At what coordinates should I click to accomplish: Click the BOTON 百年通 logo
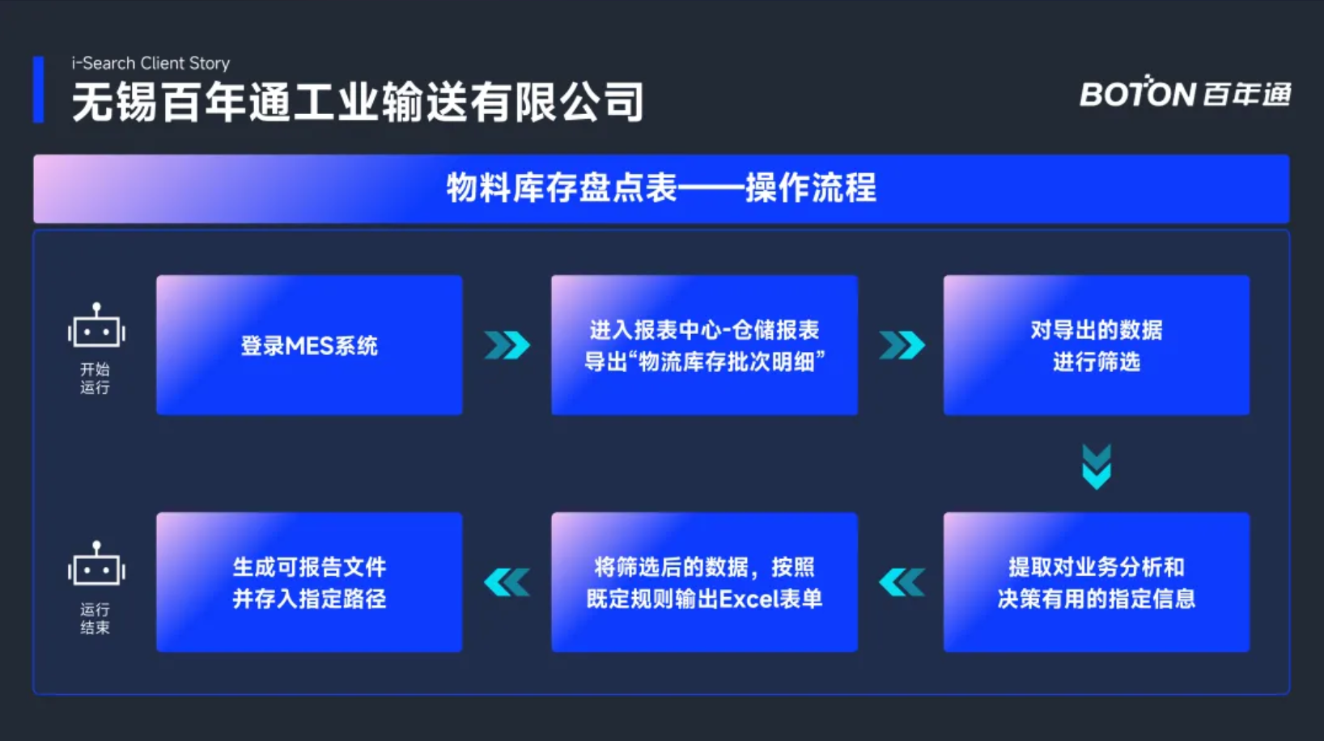1185,92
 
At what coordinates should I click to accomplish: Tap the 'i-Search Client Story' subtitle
151,62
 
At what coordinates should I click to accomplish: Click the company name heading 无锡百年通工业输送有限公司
358,102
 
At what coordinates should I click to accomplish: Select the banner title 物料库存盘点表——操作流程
661,188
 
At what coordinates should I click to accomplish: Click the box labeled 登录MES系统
309,345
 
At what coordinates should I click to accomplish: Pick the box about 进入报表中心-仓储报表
705,345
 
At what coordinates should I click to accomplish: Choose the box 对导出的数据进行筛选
1097,345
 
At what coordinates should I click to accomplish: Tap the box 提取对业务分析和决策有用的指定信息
1097,582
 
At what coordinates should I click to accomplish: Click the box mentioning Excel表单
705,582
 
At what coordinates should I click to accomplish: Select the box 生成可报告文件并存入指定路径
309,582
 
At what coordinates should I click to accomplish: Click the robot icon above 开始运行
96,324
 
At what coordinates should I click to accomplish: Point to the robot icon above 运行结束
96,562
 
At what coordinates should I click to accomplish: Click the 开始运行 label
95,378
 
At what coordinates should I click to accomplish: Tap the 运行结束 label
95,618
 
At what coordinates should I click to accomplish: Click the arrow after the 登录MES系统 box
507,345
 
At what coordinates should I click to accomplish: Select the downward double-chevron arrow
1097,467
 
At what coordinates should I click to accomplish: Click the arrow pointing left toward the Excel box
902,582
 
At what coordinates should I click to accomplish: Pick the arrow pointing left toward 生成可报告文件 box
507,582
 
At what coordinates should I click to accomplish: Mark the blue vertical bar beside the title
38,89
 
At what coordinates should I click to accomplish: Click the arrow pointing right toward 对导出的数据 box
902,345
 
